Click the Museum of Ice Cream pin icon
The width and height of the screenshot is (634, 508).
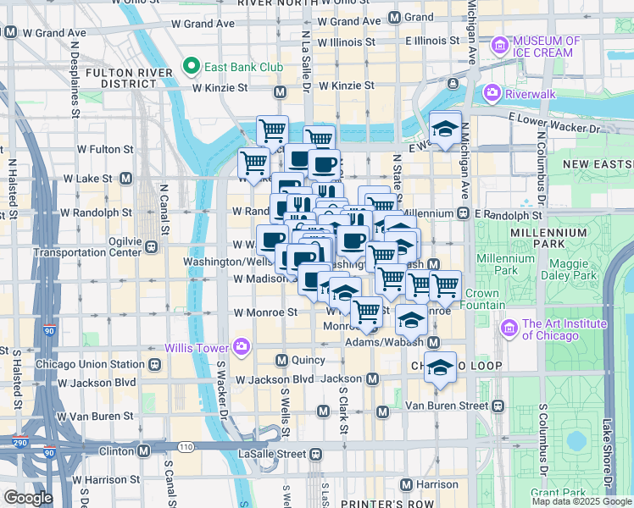[x=500, y=44]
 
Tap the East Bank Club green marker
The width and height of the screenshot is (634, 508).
[x=192, y=65]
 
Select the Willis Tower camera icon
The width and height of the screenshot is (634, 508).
[x=242, y=345]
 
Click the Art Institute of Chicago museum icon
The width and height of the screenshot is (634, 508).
[x=510, y=327]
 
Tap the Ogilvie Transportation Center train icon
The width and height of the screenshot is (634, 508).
[x=151, y=246]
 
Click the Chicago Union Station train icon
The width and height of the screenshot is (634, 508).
[x=155, y=364]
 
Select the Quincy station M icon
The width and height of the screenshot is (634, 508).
[x=282, y=360]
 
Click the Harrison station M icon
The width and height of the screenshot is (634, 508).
[x=406, y=484]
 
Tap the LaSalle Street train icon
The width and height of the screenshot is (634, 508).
[x=315, y=455]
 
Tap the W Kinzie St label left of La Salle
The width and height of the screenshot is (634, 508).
[x=220, y=87]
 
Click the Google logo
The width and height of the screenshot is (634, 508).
[x=28, y=497]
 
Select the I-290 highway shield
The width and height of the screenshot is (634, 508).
[x=19, y=443]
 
